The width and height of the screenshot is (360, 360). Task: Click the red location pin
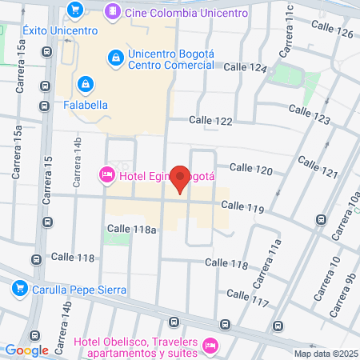(x=181, y=179)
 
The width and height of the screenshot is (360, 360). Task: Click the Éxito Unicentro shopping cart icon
(x=75, y=10)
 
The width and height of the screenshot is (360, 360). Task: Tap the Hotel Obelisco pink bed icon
(x=210, y=344)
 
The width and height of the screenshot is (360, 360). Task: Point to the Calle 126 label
(x=334, y=33)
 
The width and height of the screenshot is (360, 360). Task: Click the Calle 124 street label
(x=245, y=68)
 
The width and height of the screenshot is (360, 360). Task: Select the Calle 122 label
(x=210, y=120)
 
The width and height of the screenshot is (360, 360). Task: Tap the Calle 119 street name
(x=242, y=206)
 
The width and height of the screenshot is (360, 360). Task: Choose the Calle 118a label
(x=132, y=229)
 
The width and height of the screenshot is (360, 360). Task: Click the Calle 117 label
(x=247, y=294)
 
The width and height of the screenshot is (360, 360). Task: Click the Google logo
(x=27, y=350)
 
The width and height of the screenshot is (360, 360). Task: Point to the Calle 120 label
(x=250, y=169)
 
